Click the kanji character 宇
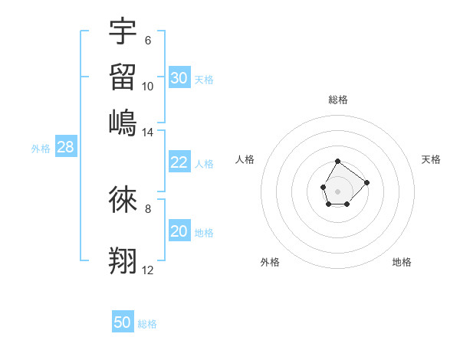point(123,31)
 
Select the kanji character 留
point(123,77)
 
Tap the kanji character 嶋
point(123,123)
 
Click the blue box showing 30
point(179,78)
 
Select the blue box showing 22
point(179,162)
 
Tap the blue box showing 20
point(179,231)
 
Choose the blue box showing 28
point(66,148)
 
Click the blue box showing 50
point(123,322)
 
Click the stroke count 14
point(147,133)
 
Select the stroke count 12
point(147,270)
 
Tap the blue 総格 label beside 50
point(147,324)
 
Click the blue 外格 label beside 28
point(41,149)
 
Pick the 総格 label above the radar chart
point(338,100)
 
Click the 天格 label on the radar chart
point(432,159)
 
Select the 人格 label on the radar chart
point(245,159)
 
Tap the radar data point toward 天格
point(366,182)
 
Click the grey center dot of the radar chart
point(338,190)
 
